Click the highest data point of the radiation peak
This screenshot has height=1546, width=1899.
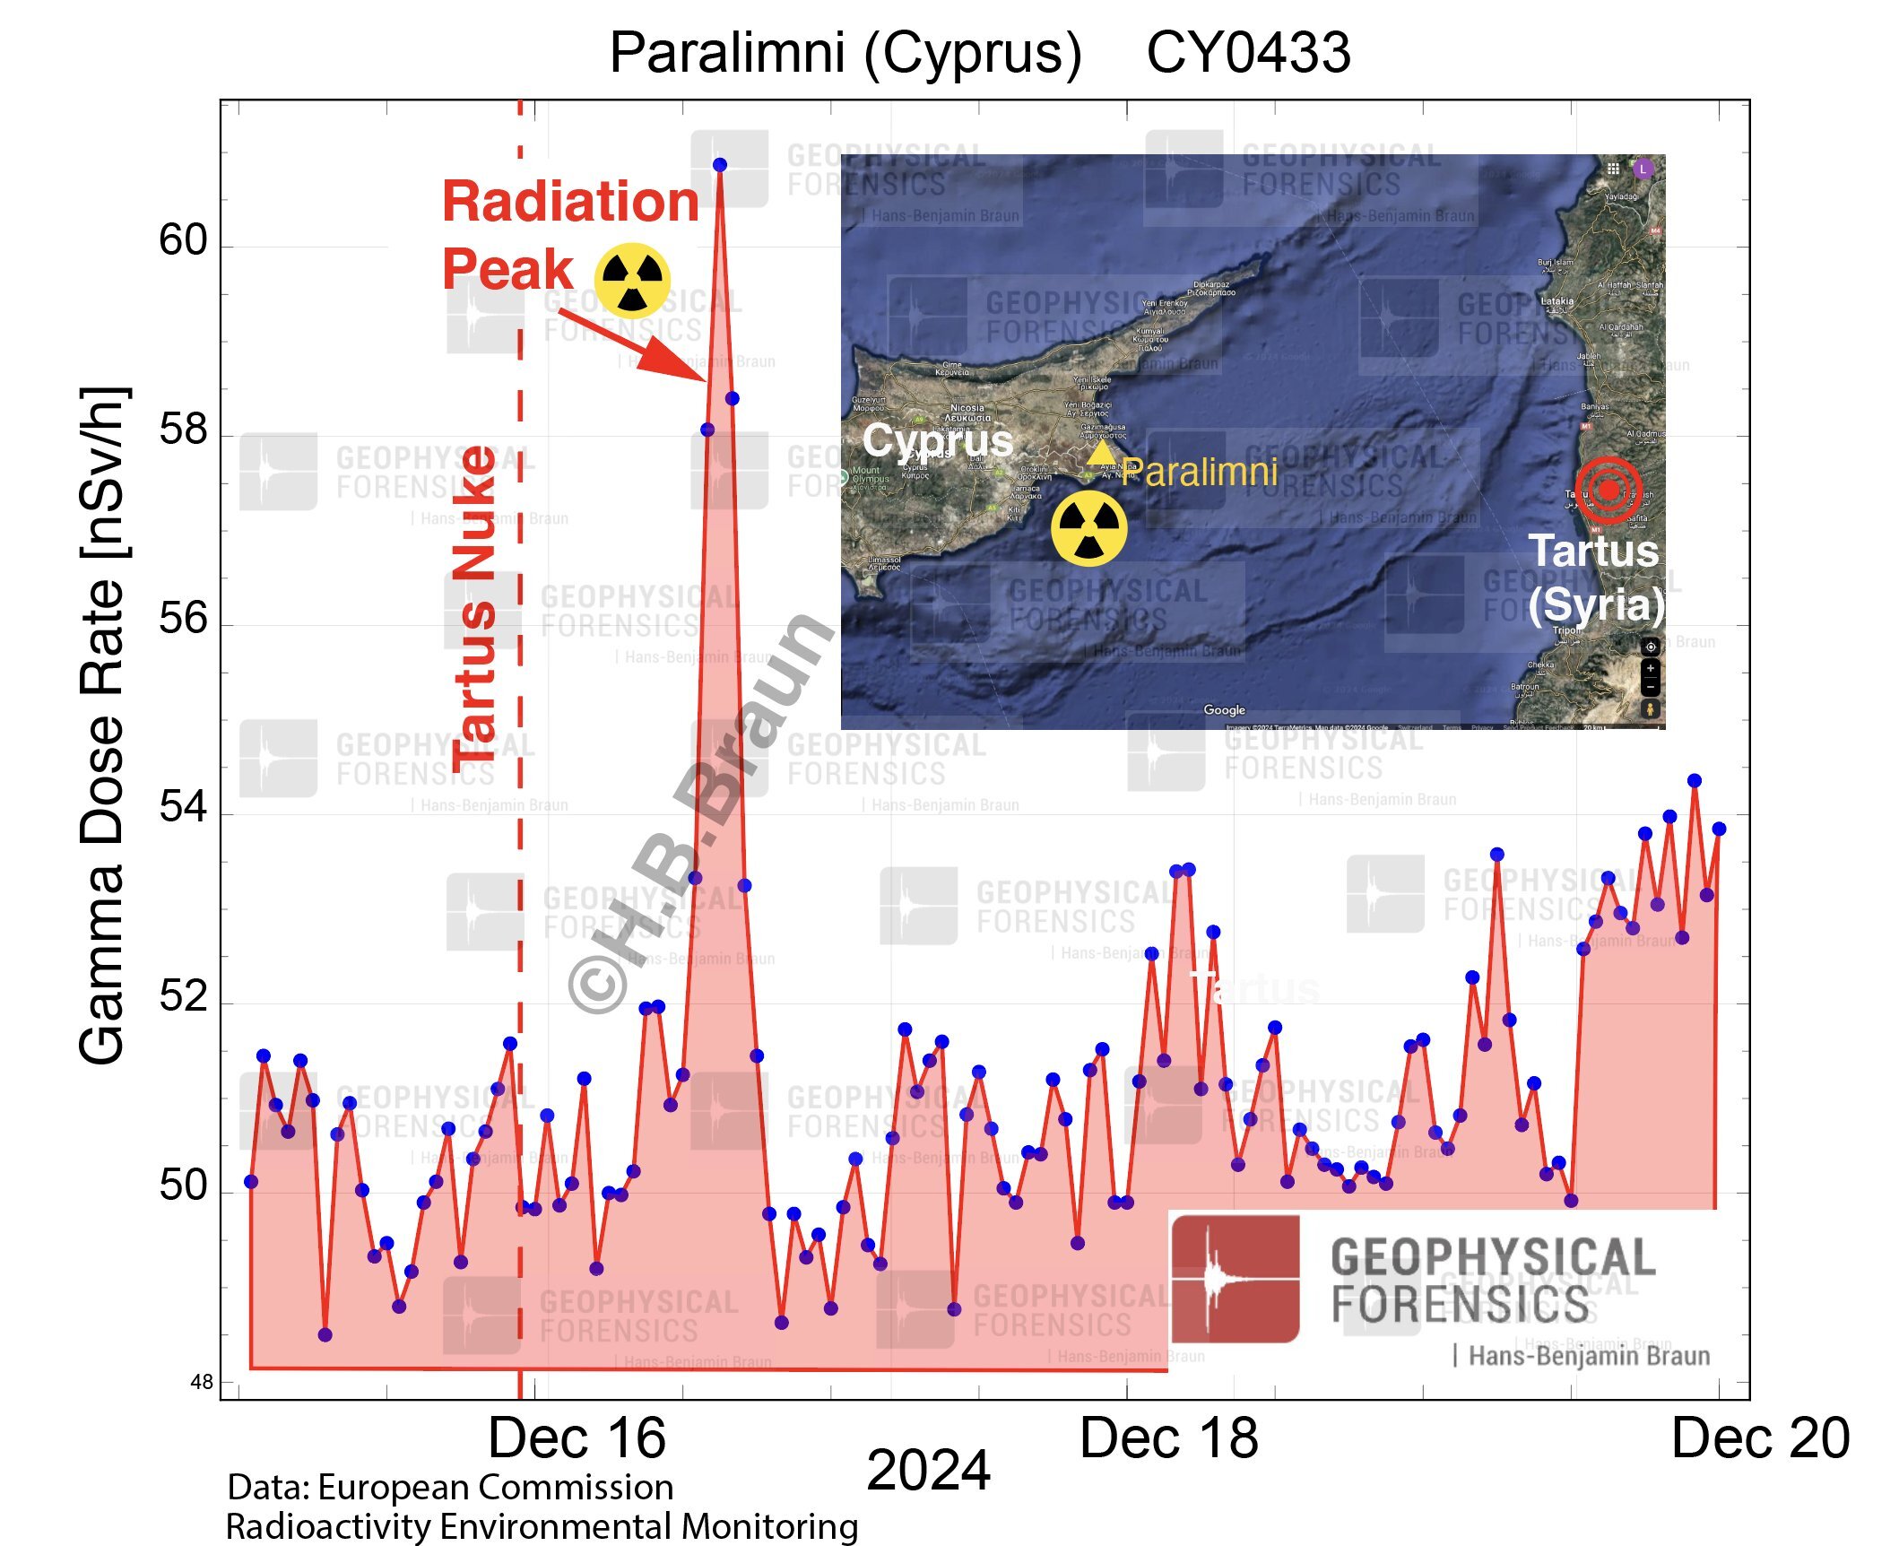(x=719, y=165)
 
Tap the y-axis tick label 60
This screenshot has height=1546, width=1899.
(x=183, y=240)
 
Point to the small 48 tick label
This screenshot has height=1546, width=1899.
(x=202, y=1382)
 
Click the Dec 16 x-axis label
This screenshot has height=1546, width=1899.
(x=577, y=1437)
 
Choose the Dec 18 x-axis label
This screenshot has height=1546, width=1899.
(x=1168, y=1437)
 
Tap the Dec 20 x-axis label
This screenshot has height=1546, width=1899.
(x=1760, y=1437)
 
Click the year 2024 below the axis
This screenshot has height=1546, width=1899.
(x=928, y=1471)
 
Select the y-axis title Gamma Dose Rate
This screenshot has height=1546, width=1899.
(x=103, y=726)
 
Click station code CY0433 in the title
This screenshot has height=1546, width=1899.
(x=1248, y=53)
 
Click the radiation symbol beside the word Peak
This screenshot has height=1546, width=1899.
(x=632, y=280)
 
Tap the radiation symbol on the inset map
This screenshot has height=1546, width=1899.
(x=1088, y=528)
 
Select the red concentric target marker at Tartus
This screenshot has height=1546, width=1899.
(x=1609, y=490)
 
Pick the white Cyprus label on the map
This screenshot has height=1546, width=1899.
(x=937, y=440)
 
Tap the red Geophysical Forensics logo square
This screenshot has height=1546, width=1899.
(x=1235, y=1278)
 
